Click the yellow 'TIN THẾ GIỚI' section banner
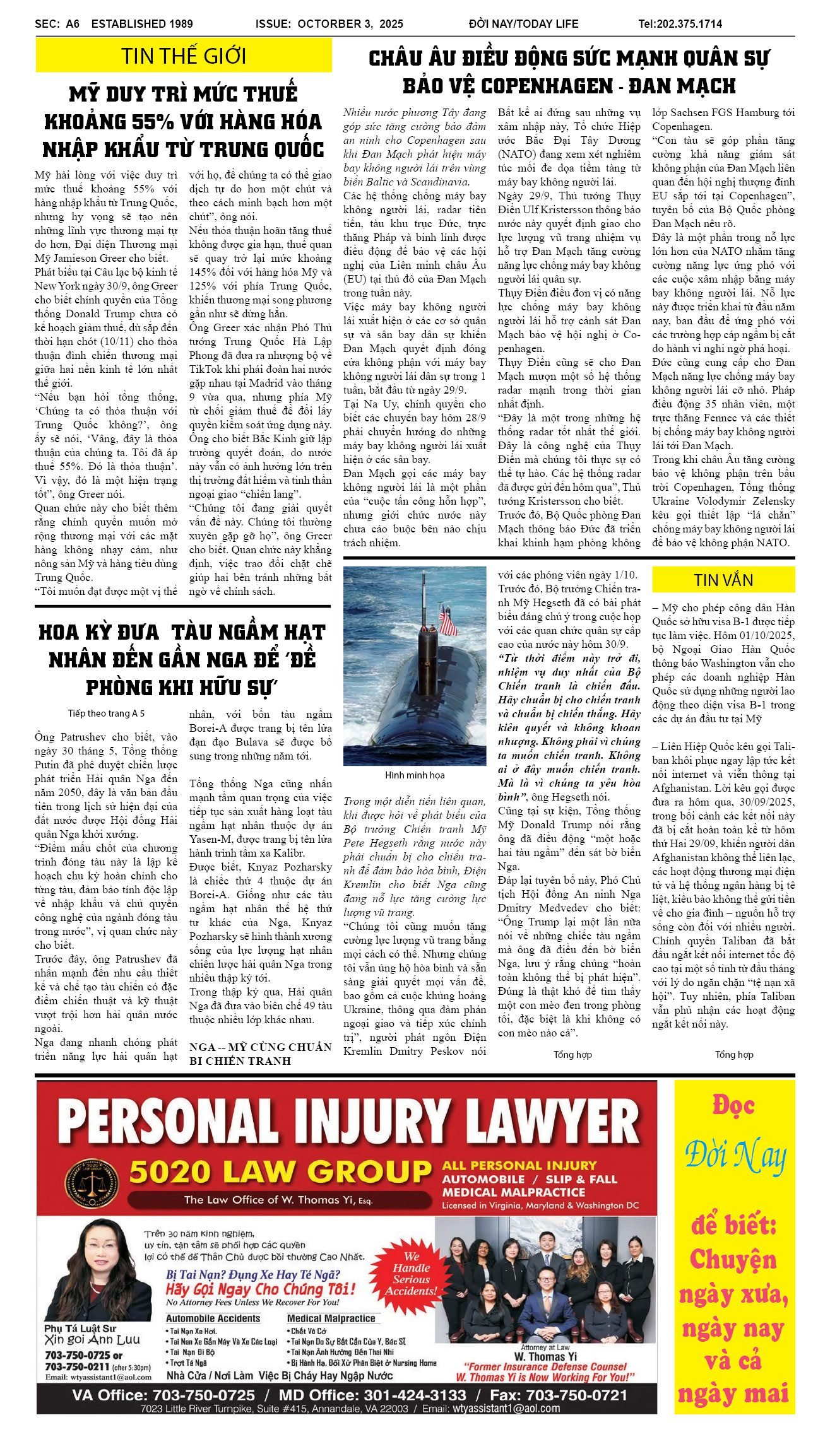coord(183,56)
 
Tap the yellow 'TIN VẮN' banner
coord(723,580)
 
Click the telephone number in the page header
coord(680,24)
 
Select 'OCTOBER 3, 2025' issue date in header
coord(350,24)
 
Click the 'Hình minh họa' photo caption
coord(415,775)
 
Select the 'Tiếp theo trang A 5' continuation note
coord(106,713)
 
